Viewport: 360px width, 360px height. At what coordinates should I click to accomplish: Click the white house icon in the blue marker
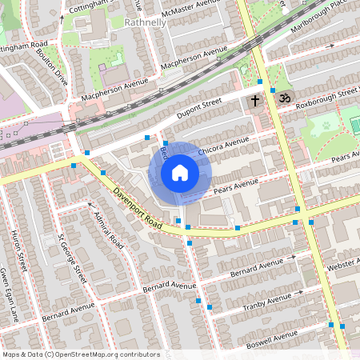click(x=179, y=172)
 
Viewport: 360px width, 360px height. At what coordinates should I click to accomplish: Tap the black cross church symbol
click(x=255, y=101)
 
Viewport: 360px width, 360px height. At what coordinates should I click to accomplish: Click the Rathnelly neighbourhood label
click(x=145, y=22)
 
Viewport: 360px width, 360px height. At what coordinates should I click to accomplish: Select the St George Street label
click(x=72, y=258)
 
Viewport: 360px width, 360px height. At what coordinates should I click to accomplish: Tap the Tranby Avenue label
click(x=268, y=302)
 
